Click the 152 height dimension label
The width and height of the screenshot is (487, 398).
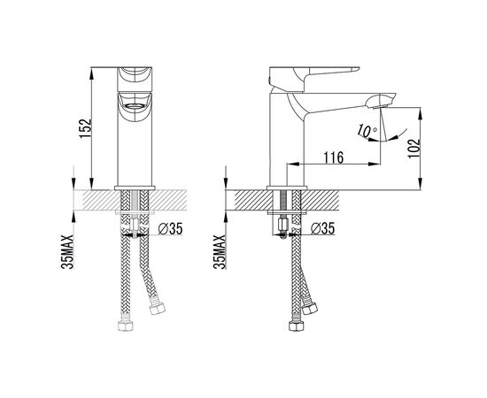click(x=85, y=128)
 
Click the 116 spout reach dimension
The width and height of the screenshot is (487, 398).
click(x=334, y=157)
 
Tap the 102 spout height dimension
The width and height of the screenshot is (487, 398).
click(x=414, y=149)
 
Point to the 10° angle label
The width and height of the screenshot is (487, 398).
click(x=367, y=131)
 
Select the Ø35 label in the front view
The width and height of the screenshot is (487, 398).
click(x=171, y=229)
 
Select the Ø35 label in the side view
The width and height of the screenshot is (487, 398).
click(x=322, y=228)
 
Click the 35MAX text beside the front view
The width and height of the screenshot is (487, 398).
click(x=67, y=251)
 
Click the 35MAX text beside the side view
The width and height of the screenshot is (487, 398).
click(x=220, y=251)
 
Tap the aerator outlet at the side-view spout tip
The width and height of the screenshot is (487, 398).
click(x=377, y=107)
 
